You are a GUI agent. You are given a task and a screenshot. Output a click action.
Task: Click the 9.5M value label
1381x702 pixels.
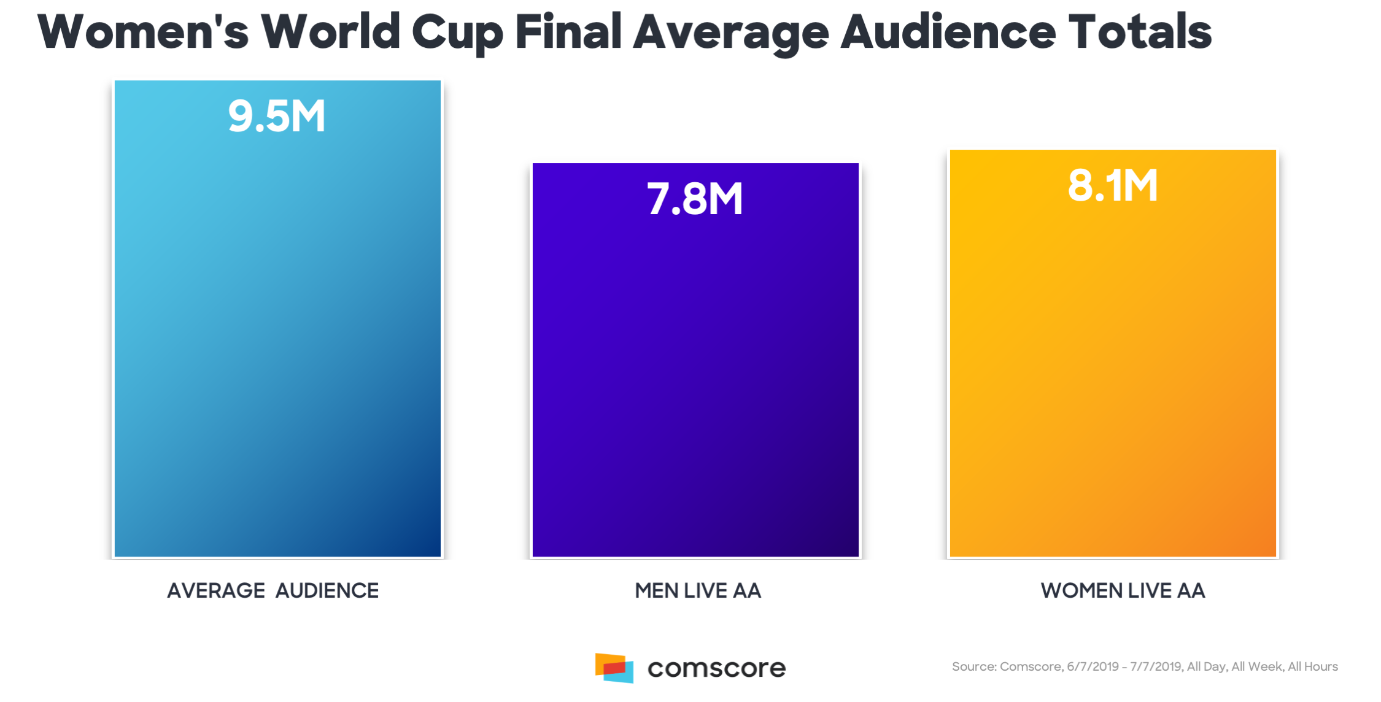276,116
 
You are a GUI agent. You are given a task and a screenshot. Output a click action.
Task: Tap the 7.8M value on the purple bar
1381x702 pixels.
695,199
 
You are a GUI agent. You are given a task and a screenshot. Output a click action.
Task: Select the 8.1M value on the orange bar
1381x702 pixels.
1113,185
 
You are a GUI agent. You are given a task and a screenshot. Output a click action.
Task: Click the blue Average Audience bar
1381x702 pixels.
277,344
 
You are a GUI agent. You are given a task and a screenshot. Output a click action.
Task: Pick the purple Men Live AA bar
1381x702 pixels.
695,380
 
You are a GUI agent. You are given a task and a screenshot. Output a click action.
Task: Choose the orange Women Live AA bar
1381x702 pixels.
1113,374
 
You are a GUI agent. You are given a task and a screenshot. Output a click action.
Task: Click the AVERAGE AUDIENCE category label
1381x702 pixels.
273,590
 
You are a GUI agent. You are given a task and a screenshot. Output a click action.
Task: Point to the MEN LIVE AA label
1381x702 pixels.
698,590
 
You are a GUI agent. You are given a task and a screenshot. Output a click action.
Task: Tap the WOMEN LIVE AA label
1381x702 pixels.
1123,590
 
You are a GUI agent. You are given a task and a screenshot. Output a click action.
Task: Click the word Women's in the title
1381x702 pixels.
143,32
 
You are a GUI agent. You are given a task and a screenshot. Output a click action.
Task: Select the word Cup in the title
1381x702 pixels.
457,32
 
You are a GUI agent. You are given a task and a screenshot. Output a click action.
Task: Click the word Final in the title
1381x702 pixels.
568,32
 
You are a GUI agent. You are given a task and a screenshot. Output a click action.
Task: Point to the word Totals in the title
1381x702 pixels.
1140,32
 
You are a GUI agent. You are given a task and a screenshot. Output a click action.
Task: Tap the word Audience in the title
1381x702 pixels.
948,32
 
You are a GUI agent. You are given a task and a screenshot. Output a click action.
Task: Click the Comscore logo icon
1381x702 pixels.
614,668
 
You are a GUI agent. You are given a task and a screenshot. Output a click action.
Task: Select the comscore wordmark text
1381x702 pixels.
716,668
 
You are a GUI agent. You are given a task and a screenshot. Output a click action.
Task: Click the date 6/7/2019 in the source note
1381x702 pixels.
1093,666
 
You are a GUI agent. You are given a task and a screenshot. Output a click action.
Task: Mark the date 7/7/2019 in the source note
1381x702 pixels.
1156,666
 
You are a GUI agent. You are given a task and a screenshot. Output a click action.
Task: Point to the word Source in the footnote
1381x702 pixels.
973,666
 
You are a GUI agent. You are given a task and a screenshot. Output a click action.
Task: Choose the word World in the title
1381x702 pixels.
331,32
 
